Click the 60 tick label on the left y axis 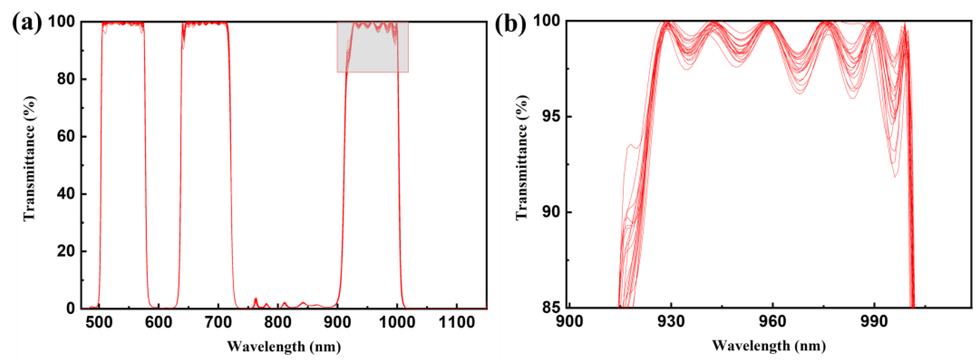pos(66,137)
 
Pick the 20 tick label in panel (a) pos(66,251)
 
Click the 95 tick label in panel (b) pos(551,116)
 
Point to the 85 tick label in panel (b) pos(551,307)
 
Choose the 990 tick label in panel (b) pos(874,322)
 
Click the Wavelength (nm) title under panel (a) pos(284,347)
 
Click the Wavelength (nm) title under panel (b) pos(769,346)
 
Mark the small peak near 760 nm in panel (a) pos(256,299)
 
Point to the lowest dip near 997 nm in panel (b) pos(895,176)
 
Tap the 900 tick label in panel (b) pos(569,322)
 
